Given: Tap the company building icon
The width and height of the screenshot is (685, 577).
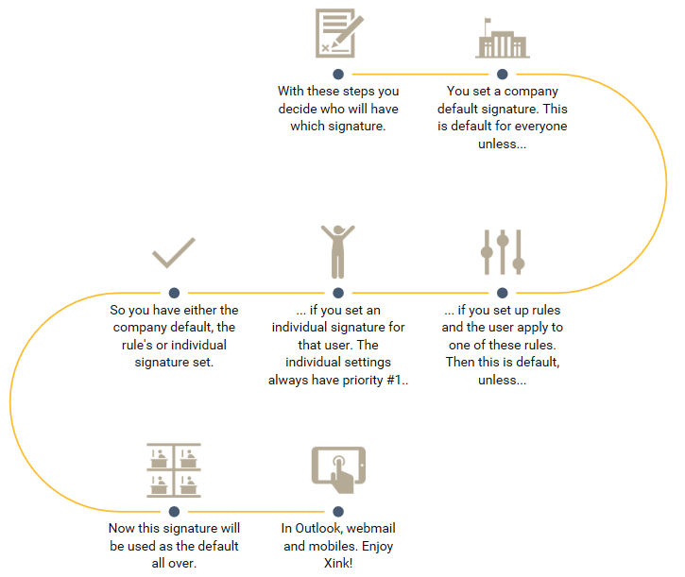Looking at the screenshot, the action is point(502,39).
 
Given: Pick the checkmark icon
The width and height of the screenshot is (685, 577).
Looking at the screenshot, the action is point(173,253).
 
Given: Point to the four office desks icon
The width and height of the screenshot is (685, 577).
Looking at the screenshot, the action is point(174,470).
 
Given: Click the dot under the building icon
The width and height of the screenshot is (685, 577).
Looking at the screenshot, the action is point(502,74).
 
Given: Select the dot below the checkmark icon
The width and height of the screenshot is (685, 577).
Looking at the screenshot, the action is point(174,293).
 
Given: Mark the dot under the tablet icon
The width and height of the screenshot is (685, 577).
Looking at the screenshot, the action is point(337,511).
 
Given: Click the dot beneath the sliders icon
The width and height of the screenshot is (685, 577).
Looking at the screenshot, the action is point(502,293).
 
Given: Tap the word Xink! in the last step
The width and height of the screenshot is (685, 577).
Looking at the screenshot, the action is point(337,564).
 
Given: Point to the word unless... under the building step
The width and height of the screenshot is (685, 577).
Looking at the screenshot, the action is point(502,144).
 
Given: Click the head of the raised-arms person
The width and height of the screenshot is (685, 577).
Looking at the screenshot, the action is point(337,229).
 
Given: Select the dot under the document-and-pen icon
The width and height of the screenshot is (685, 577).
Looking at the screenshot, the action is point(337,74).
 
